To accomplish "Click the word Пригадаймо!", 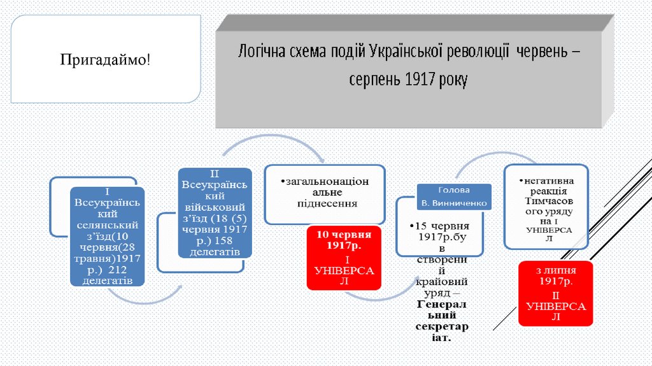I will coord(106,61).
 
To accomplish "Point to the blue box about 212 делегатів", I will coord(107,237).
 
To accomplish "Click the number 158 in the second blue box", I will coord(225,240).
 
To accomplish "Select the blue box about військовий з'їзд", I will coord(215,212).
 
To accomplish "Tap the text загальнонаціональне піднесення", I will coord(324,192).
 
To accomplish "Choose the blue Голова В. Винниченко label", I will coord(454,197).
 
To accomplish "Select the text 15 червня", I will coord(441,226).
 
